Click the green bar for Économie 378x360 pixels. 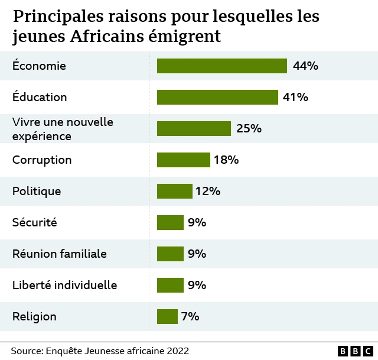[221, 66]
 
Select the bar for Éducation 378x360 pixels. [217, 97]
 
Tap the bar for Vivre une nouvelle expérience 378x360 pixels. [194, 128]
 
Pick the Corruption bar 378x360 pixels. [183, 160]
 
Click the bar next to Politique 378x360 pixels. [174, 191]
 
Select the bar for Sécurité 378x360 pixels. [170, 222]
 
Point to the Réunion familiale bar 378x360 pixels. [170, 254]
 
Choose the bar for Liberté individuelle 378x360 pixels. [170, 285]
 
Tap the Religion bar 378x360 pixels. [167, 316]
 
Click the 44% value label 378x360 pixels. [305, 66]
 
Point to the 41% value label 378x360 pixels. [295, 97]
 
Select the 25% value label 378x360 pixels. [249, 128]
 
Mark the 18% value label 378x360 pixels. [226, 160]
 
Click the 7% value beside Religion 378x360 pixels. [190, 316]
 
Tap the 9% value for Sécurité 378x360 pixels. [197, 222]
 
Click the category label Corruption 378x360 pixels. [42, 160]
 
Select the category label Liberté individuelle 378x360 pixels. [64, 285]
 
